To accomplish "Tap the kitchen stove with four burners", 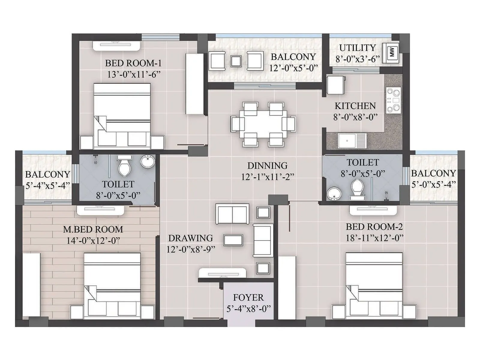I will pos(393,100).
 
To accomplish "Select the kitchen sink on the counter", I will pos(352,141).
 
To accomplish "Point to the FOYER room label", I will pos(248,298).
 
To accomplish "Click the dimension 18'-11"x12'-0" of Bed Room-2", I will pos(374,238).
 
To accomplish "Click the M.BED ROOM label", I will pos(93,229).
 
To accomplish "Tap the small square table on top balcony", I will pos(236,61).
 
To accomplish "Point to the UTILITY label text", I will pos(357,48).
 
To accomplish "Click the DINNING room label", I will pos(267,166).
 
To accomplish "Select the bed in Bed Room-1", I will pos(122,115).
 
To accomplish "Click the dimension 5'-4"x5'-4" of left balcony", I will pos(47,186).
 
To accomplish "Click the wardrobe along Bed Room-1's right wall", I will pos(194,84).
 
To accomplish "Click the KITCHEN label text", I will pos(355,106).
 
